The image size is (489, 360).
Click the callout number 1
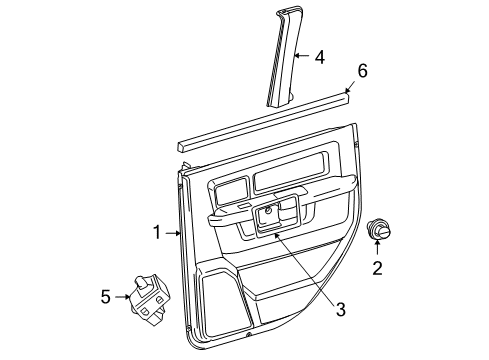pyautogui.click(x=157, y=233)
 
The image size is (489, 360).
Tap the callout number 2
pyautogui.click(x=377, y=267)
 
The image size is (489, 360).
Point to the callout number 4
pyautogui.click(x=319, y=58)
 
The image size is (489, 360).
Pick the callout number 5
pyautogui.click(x=106, y=296)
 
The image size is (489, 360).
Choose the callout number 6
pyautogui.click(x=363, y=70)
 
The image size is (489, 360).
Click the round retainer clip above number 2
pyautogui.click(x=379, y=230)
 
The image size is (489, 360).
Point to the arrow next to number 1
pyautogui.click(x=172, y=233)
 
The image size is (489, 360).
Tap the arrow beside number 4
pyautogui.click(x=302, y=58)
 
